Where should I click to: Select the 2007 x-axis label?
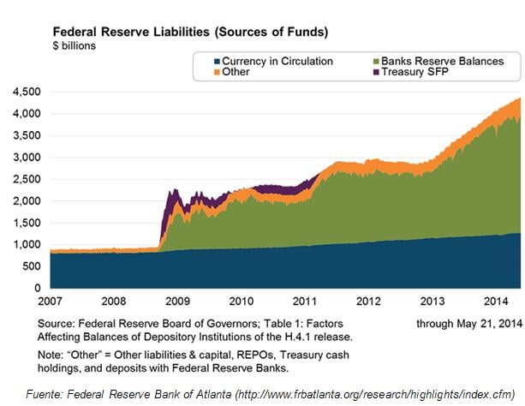pos(51,302)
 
